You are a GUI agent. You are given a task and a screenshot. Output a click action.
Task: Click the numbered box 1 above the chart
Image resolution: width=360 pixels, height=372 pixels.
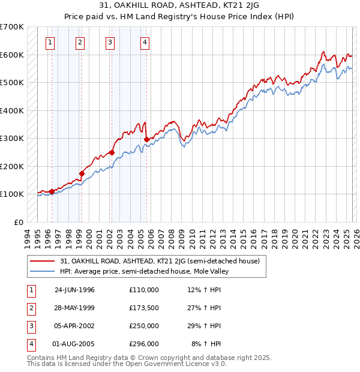[x=49, y=42]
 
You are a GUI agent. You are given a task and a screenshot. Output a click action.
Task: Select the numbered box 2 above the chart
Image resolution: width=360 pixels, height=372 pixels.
[x=80, y=42]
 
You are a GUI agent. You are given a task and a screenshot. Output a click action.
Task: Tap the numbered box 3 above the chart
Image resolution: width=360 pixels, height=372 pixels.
[x=110, y=42]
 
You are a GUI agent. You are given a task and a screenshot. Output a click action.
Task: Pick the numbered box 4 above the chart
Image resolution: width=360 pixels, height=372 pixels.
[x=145, y=42]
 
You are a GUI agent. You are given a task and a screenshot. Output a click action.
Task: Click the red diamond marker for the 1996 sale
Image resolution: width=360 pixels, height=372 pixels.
[x=52, y=191]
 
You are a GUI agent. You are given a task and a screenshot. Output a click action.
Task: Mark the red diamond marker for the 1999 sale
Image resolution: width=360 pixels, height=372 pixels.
[x=82, y=174]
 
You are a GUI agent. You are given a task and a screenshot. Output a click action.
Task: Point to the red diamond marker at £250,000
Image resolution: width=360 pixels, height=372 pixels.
[x=111, y=152]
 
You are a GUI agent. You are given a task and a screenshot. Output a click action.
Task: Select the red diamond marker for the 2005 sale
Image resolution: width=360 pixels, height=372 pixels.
[x=147, y=140]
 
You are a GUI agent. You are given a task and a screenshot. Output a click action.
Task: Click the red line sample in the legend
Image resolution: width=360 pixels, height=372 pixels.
[x=42, y=262]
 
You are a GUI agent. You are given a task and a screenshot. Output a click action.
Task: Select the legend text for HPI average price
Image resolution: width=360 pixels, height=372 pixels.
[x=145, y=271]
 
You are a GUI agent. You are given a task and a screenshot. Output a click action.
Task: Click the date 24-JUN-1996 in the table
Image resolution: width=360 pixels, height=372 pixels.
[x=74, y=290]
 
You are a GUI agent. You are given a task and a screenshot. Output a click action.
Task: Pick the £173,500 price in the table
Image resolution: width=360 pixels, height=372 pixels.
[x=144, y=308]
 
